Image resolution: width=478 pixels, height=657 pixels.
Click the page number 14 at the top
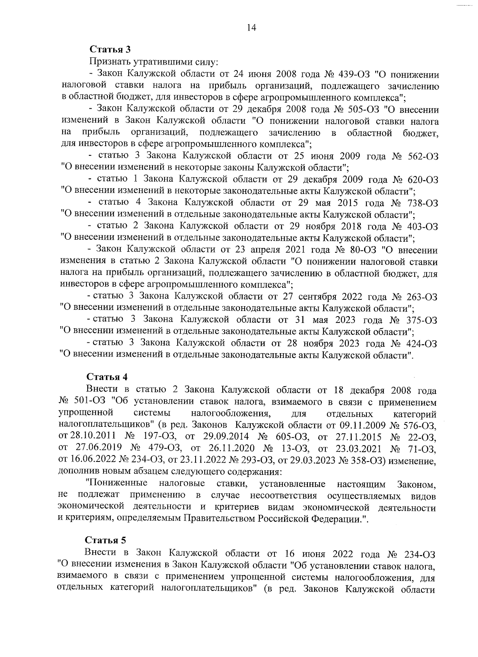click(x=251, y=27)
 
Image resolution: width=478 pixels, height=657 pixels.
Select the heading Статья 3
click(x=110, y=50)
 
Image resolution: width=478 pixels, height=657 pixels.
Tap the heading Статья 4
click(x=107, y=377)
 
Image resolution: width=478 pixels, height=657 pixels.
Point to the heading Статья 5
click(x=106, y=540)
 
